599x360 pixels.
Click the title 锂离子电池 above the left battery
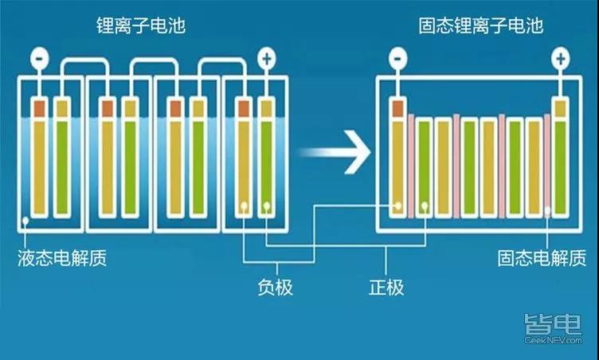[141, 25]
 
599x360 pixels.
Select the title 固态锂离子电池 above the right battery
[480, 25]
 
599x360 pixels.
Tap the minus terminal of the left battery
[40, 58]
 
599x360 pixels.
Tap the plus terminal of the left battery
[267, 58]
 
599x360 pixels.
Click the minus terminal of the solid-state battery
[397, 58]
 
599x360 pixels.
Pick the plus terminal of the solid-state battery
[561, 58]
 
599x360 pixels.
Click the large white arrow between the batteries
[335, 152]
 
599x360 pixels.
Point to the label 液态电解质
[62, 258]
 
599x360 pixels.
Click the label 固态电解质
[542, 258]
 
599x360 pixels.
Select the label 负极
[275, 288]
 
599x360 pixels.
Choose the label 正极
[386, 288]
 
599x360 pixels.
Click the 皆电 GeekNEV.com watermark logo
[553, 329]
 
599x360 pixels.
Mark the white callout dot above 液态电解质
[25, 221]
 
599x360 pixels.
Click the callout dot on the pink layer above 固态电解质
[547, 210]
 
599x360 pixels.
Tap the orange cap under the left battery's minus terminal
[40, 109]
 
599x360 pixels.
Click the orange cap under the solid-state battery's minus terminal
[397, 109]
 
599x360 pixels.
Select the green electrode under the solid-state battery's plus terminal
[561, 167]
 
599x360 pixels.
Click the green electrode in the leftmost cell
[62, 167]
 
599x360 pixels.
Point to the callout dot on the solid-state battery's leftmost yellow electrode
[398, 206]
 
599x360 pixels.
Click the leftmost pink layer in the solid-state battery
[411, 166]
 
